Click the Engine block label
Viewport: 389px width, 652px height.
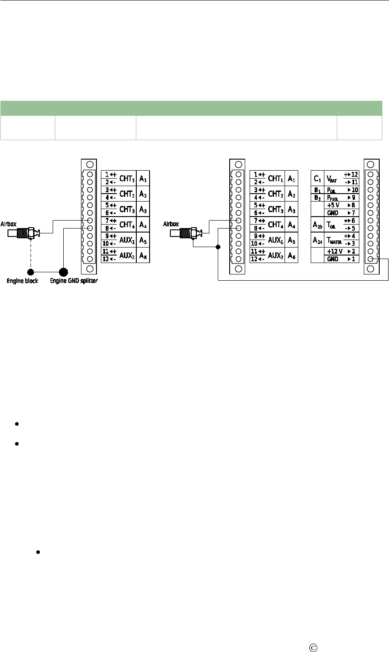point(23,281)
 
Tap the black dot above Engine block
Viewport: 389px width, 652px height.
point(31,272)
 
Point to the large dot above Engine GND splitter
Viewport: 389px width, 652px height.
point(63,271)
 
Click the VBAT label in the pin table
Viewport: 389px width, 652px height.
point(332,179)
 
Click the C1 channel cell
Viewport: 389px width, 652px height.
point(317,179)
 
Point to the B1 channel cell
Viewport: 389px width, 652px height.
point(317,190)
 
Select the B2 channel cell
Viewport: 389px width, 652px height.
point(317,198)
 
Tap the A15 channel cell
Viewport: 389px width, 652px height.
point(317,225)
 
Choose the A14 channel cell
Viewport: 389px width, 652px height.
point(317,240)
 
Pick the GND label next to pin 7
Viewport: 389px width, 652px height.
point(332,213)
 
